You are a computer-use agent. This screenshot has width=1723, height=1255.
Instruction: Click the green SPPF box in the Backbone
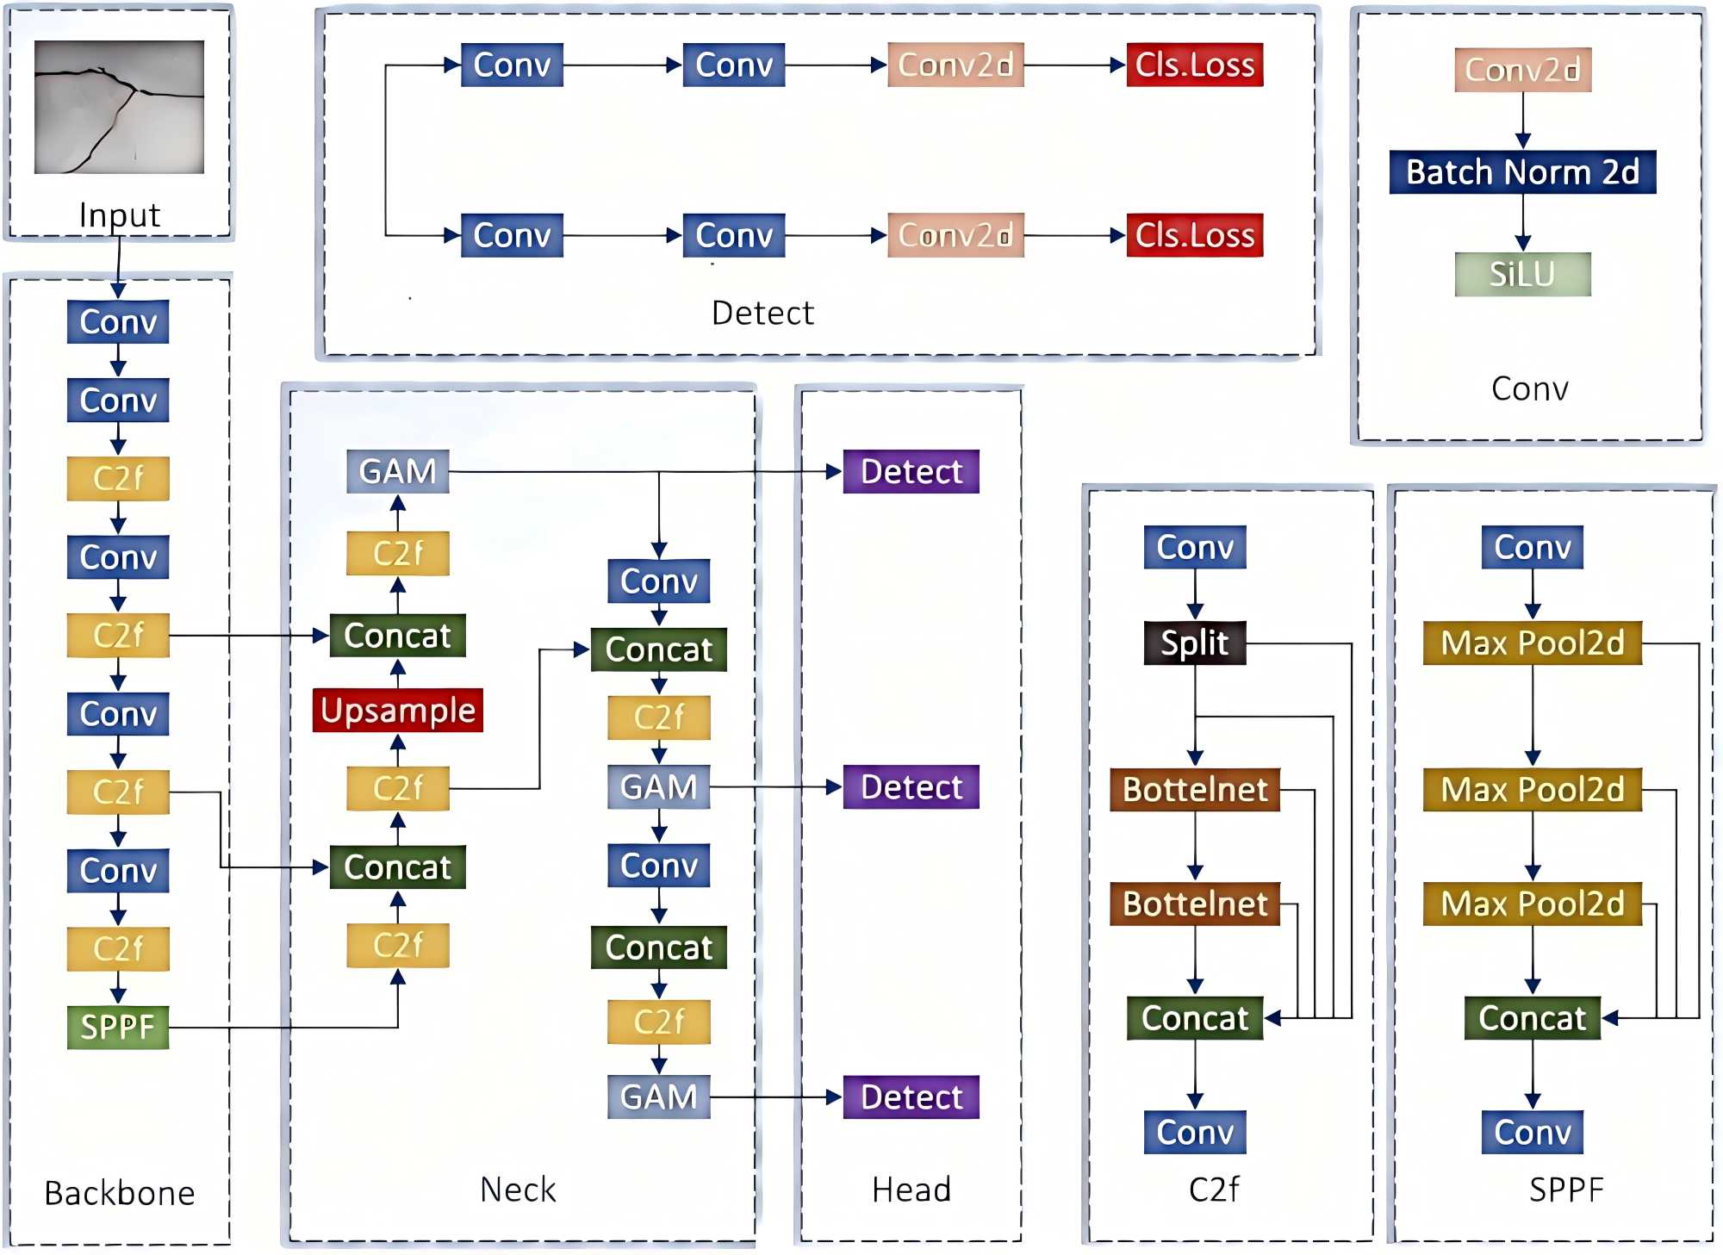coord(118,1027)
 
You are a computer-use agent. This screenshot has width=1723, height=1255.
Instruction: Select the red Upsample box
coord(397,711)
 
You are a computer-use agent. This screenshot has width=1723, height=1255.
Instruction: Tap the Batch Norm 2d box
coord(1522,172)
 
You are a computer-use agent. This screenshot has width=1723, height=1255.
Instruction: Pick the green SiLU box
coord(1522,274)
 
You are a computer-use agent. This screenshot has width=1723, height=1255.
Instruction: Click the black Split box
coord(1194,643)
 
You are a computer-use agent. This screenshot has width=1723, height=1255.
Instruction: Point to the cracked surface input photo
coord(119,107)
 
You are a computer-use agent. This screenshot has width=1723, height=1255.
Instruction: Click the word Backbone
coord(119,1193)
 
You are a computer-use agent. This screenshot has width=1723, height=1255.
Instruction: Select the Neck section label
coord(518,1190)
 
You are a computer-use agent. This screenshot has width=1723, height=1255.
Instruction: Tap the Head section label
coord(911,1190)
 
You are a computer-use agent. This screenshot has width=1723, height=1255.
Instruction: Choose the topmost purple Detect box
coord(911,471)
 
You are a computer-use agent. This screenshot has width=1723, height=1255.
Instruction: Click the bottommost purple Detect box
coord(911,1097)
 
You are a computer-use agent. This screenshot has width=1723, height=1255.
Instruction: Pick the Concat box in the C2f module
coord(1194,1018)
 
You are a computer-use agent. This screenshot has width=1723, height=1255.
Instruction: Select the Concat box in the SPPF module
coord(1532,1018)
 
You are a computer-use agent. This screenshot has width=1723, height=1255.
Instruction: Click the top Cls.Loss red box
coord(1195,65)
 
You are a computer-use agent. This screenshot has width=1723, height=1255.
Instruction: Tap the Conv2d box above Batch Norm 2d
coord(1522,70)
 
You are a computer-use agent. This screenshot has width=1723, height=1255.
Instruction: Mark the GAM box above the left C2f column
coord(397,471)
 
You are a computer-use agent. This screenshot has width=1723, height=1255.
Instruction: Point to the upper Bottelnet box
coord(1194,789)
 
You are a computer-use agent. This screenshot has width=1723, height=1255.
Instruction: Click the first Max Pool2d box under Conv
coord(1532,643)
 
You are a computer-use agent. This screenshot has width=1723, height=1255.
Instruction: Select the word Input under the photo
coord(119,215)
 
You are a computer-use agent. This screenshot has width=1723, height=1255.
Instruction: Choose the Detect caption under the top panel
coord(762,313)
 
